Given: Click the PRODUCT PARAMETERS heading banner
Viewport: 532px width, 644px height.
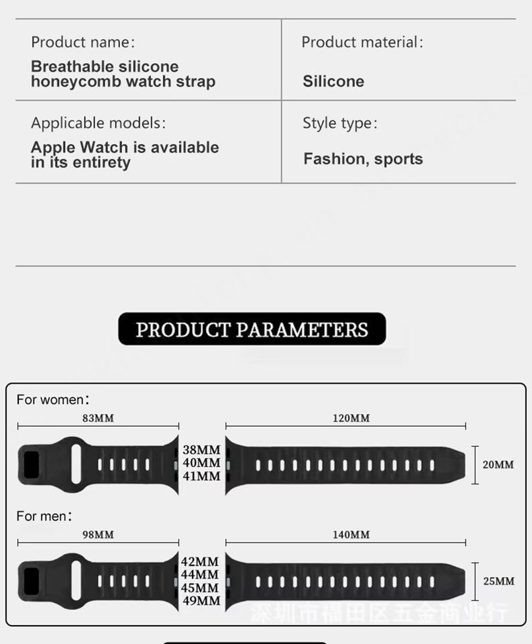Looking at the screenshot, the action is click(252, 329).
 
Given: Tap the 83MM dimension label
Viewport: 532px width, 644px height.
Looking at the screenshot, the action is click(98, 418).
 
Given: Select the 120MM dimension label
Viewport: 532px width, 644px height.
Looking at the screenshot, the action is click(351, 418).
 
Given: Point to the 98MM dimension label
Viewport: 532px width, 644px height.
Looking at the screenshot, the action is click(98, 535).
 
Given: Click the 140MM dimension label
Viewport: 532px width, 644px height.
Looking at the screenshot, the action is click(351, 535).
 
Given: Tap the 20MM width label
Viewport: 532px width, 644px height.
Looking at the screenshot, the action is click(498, 464).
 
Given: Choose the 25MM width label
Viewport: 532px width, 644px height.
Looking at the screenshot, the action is click(498, 581).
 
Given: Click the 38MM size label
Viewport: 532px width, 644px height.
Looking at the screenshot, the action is click(201, 449).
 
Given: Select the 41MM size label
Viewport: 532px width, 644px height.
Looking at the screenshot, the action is click(201, 476).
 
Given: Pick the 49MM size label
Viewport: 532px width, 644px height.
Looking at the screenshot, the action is click(201, 601).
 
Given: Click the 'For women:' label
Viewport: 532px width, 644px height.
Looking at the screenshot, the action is click(53, 400).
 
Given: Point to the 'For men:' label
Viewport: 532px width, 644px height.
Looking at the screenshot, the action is click(44, 517).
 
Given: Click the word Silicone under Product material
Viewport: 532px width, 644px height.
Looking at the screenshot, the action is click(333, 82).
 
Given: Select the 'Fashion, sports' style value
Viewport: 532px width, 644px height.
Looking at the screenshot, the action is click(363, 159).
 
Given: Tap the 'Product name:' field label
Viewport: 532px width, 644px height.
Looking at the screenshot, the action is click(83, 42).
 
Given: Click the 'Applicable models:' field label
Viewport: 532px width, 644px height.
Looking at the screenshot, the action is click(98, 123).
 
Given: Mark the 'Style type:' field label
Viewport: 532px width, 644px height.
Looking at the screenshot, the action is click(339, 123).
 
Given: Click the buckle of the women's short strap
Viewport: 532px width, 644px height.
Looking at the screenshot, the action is click(32, 464).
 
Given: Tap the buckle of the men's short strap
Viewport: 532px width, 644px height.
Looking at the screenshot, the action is click(32, 581).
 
